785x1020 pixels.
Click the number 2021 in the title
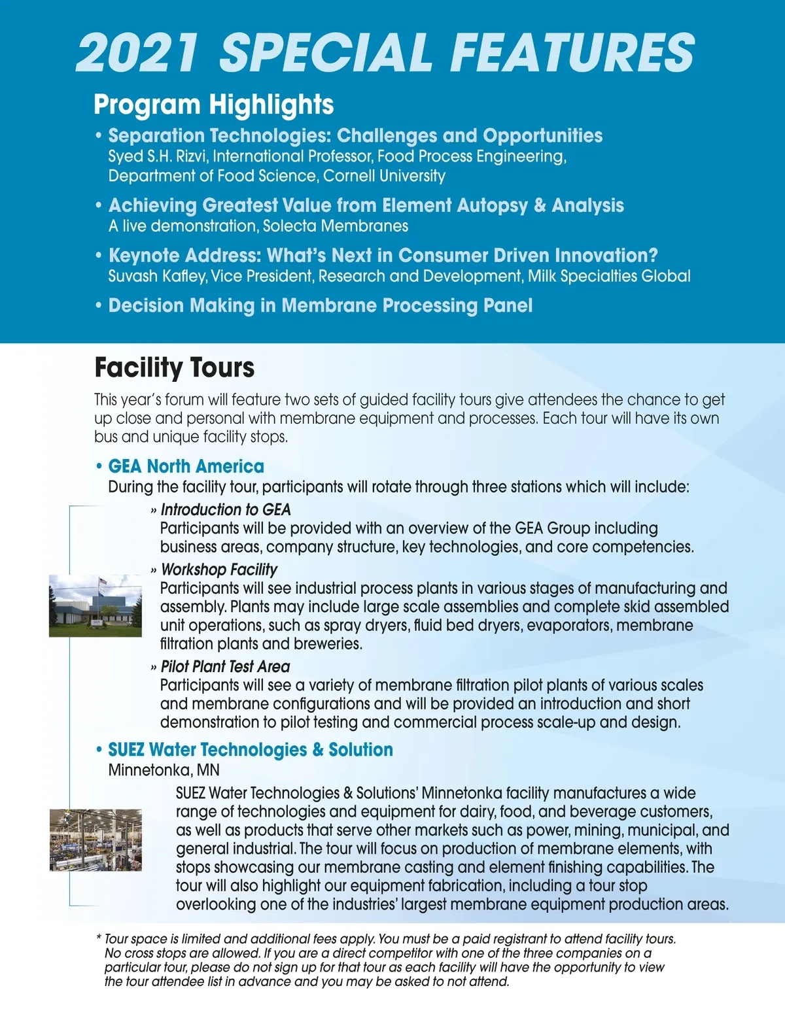tap(137, 52)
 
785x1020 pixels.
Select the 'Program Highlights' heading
tap(213, 105)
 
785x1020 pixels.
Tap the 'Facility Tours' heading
tap(174, 367)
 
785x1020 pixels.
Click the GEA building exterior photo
tap(96, 605)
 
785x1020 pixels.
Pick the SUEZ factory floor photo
tap(96, 840)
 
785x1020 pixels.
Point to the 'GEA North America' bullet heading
tap(186, 466)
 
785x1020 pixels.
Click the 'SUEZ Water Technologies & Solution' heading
tap(251, 749)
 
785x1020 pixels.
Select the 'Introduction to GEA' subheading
tap(226, 509)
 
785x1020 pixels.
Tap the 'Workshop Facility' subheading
tap(219, 569)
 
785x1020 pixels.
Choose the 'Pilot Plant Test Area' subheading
tap(225, 666)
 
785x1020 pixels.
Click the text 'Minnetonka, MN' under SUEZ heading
tap(164, 770)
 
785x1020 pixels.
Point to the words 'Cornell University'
tap(384, 176)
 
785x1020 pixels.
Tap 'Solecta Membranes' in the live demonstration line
tap(336, 226)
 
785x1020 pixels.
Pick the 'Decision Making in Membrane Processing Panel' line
tap(321, 305)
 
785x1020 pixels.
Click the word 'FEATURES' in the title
tap(572, 52)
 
